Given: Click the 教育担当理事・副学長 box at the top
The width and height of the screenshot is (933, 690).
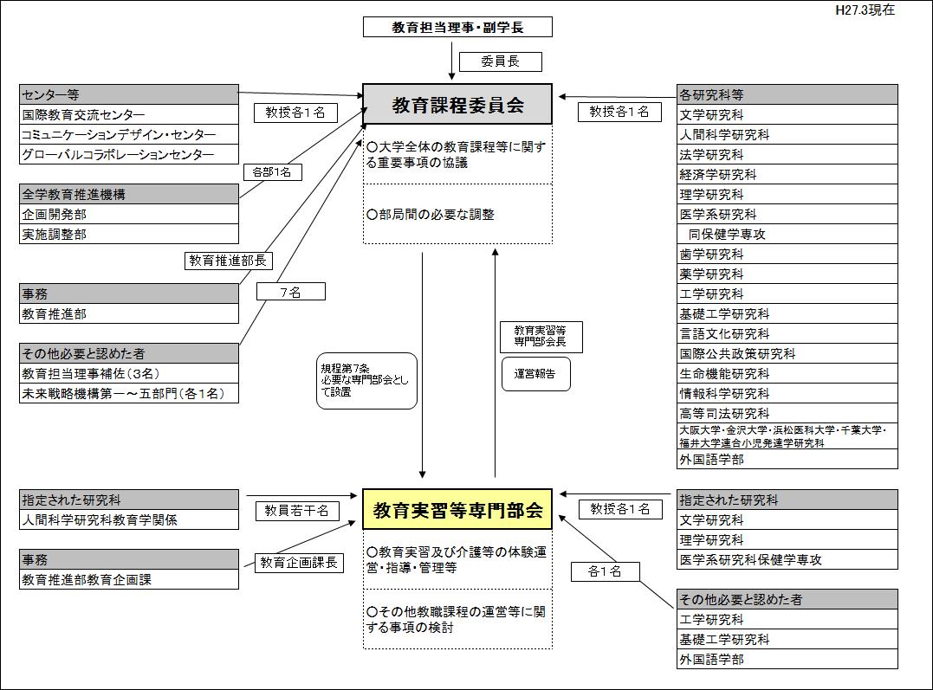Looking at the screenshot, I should [x=457, y=27].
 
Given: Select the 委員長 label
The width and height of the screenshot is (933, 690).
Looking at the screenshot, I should [x=500, y=61].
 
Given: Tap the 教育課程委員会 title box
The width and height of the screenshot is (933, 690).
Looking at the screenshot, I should [x=457, y=105].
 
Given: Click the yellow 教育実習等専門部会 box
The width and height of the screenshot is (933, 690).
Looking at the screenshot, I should [x=457, y=510].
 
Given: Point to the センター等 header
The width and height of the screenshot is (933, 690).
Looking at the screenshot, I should [x=129, y=94].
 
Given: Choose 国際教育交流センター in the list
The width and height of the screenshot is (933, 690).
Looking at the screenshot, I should [x=129, y=115].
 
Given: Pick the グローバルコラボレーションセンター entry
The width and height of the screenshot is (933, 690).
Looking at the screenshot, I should [x=129, y=155].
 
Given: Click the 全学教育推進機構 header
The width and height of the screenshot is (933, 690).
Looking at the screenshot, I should [x=129, y=195].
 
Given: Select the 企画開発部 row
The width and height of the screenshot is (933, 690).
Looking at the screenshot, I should [x=129, y=215].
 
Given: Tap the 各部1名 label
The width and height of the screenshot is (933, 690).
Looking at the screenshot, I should [x=272, y=171].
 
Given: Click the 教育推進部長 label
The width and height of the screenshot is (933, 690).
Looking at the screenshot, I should [x=229, y=260].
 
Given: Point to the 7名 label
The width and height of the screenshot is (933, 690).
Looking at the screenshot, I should [x=290, y=292].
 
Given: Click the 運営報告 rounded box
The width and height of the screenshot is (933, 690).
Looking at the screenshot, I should [x=535, y=374].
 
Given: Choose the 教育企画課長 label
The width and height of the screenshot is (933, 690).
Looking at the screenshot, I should [x=299, y=563].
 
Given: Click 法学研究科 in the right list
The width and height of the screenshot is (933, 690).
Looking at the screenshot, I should [x=787, y=155].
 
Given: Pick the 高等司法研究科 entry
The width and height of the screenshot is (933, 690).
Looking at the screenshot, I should [x=787, y=414].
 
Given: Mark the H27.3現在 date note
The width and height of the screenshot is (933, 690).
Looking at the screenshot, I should [x=865, y=10].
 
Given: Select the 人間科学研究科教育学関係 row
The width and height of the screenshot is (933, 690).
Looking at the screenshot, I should [x=129, y=520].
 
